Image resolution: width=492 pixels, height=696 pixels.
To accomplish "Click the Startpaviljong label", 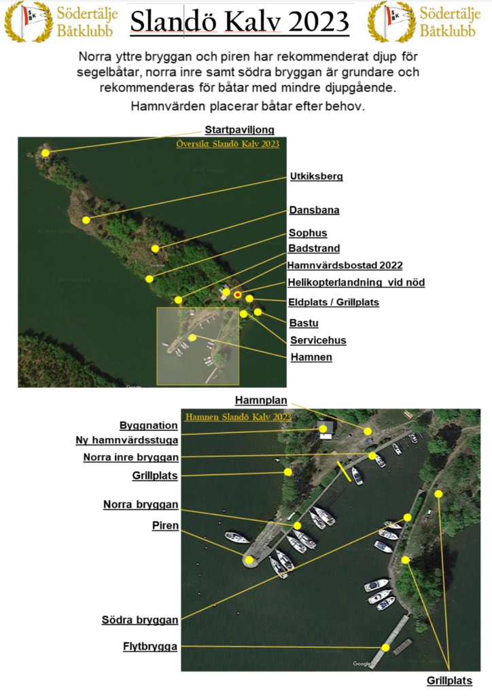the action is click(x=240, y=130).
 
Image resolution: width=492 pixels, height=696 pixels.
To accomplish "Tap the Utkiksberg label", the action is click(x=316, y=176).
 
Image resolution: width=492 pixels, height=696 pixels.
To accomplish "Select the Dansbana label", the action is click(x=314, y=210).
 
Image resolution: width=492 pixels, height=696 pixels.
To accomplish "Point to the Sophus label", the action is click(x=308, y=233).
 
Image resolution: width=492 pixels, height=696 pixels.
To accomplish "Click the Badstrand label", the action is click(x=314, y=248).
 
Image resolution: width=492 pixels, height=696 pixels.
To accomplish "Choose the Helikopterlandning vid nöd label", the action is click(x=356, y=282).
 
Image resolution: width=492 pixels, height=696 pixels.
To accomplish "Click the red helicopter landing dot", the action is click(x=238, y=295).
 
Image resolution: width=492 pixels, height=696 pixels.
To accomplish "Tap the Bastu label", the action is click(x=304, y=323).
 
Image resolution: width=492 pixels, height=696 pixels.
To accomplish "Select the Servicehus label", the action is click(x=318, y=341).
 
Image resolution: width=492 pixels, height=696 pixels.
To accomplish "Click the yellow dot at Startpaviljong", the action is click(x=46, y=153).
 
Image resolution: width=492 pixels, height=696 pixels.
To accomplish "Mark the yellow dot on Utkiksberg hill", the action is click(x=86, y=220).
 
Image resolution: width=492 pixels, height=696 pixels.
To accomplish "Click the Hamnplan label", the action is click(x=261, y=400).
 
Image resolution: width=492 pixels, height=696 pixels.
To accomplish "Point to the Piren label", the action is click(x=166, y=525).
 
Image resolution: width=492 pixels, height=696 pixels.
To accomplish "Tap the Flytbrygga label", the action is click(x=150, y=647).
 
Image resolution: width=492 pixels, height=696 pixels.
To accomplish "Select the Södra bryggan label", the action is click(x=140, y=620).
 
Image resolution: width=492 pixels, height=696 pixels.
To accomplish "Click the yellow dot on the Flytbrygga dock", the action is click(x=385, y=648).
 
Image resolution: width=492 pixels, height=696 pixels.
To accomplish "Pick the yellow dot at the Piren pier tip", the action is click(x=249, y=560).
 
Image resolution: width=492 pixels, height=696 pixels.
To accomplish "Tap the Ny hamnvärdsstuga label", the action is click(x=127, y=440).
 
